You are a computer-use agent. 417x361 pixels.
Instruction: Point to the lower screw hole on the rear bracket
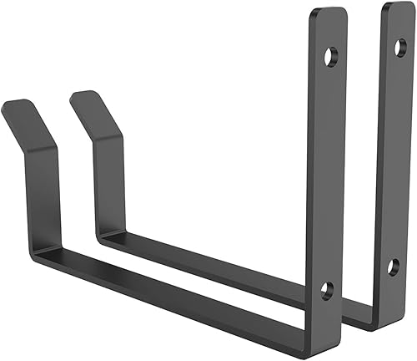click(x=393, y=268)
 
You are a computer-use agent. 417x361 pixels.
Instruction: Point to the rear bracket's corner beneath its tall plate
click(x=371, y=318)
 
